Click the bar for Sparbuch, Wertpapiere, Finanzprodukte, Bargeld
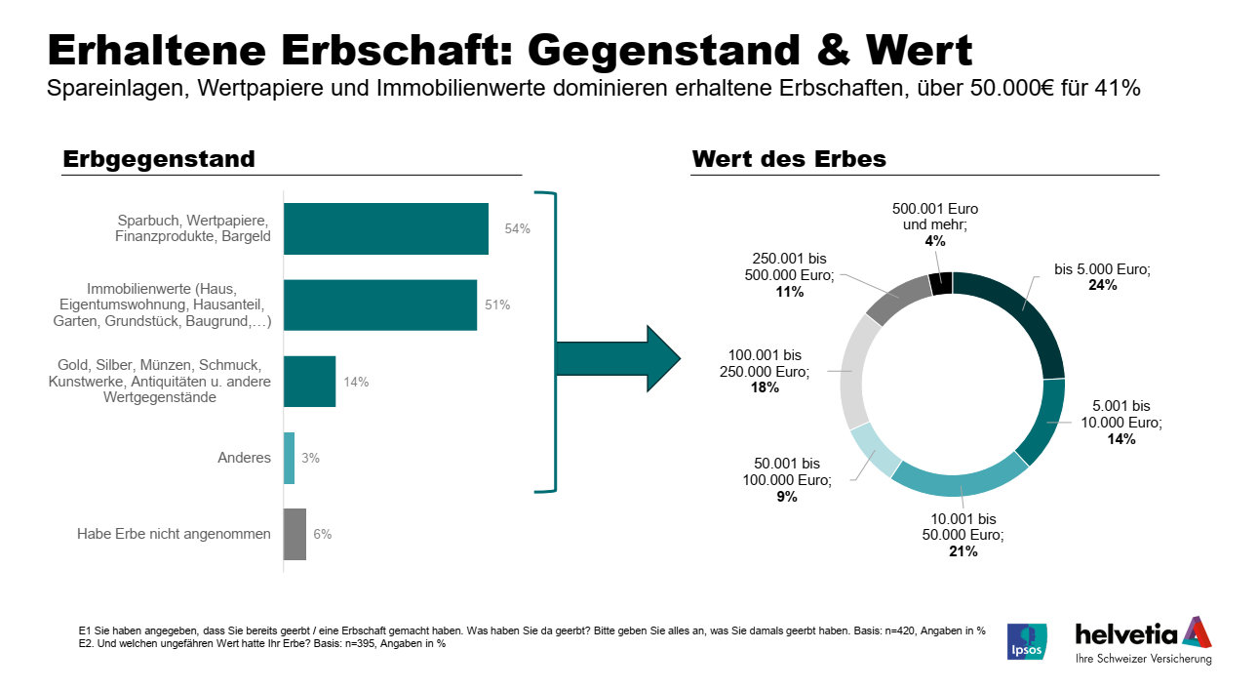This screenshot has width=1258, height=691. pos(385,228)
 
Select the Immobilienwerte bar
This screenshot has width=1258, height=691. pos(379,305)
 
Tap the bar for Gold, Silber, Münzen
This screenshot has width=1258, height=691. pos(309,381)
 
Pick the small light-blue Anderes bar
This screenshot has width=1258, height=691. pos(289,458)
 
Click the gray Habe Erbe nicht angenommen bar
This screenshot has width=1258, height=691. pos(295,534)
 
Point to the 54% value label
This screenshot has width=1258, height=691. pos(517,229)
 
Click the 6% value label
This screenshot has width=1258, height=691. pos(323,534)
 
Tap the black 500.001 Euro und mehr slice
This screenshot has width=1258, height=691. pos(940,283)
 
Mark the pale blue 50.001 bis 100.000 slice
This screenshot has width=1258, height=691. pos(876,450)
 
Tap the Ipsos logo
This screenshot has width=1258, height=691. pos(1026,641)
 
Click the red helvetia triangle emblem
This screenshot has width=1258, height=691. pos(1197,632)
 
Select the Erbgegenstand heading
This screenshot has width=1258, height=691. pos(158,158)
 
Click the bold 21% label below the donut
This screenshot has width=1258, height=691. pos(963,551)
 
